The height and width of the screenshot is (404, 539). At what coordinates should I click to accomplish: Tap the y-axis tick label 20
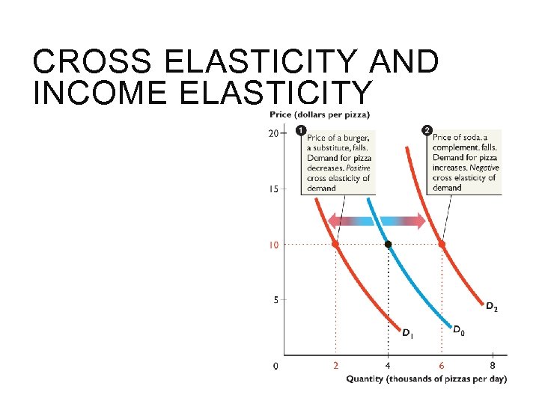click(x=273, y=133)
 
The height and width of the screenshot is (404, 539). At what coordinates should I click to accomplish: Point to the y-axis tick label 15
click(x=273, y=189)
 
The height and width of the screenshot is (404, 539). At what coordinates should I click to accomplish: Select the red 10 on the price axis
click(x=273, y=245)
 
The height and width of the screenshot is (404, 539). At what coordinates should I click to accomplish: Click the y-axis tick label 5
click(x=275, y=300)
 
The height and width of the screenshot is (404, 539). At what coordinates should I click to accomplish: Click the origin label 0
click(x=275, y=366)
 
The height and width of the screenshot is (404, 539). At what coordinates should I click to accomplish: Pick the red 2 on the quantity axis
click(x=335, y=366)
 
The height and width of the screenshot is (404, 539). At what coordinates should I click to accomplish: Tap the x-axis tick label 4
click(x=388, y=366)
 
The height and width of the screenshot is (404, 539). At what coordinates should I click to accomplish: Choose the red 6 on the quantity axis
click(x=441, y=366)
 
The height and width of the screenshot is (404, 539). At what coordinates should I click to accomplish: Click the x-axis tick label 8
click(x=493, y=366)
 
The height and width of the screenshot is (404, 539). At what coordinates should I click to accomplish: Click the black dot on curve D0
click(x=388, y=244)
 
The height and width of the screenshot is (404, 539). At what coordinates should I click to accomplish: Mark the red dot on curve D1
click(x=335, y=244)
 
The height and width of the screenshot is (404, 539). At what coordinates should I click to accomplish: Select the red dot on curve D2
click(x=441, y=244)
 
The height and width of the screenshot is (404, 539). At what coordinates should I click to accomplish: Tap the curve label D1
click(x=407, y=333)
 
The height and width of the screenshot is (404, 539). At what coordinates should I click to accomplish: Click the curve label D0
click(x=458, y=328)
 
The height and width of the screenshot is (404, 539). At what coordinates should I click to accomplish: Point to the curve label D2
click(x=491, y=306)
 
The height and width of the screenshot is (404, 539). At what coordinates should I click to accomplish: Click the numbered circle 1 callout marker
click(x=301, y=131)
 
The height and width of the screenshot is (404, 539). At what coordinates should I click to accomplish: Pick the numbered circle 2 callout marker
click(x=427, y=131)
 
